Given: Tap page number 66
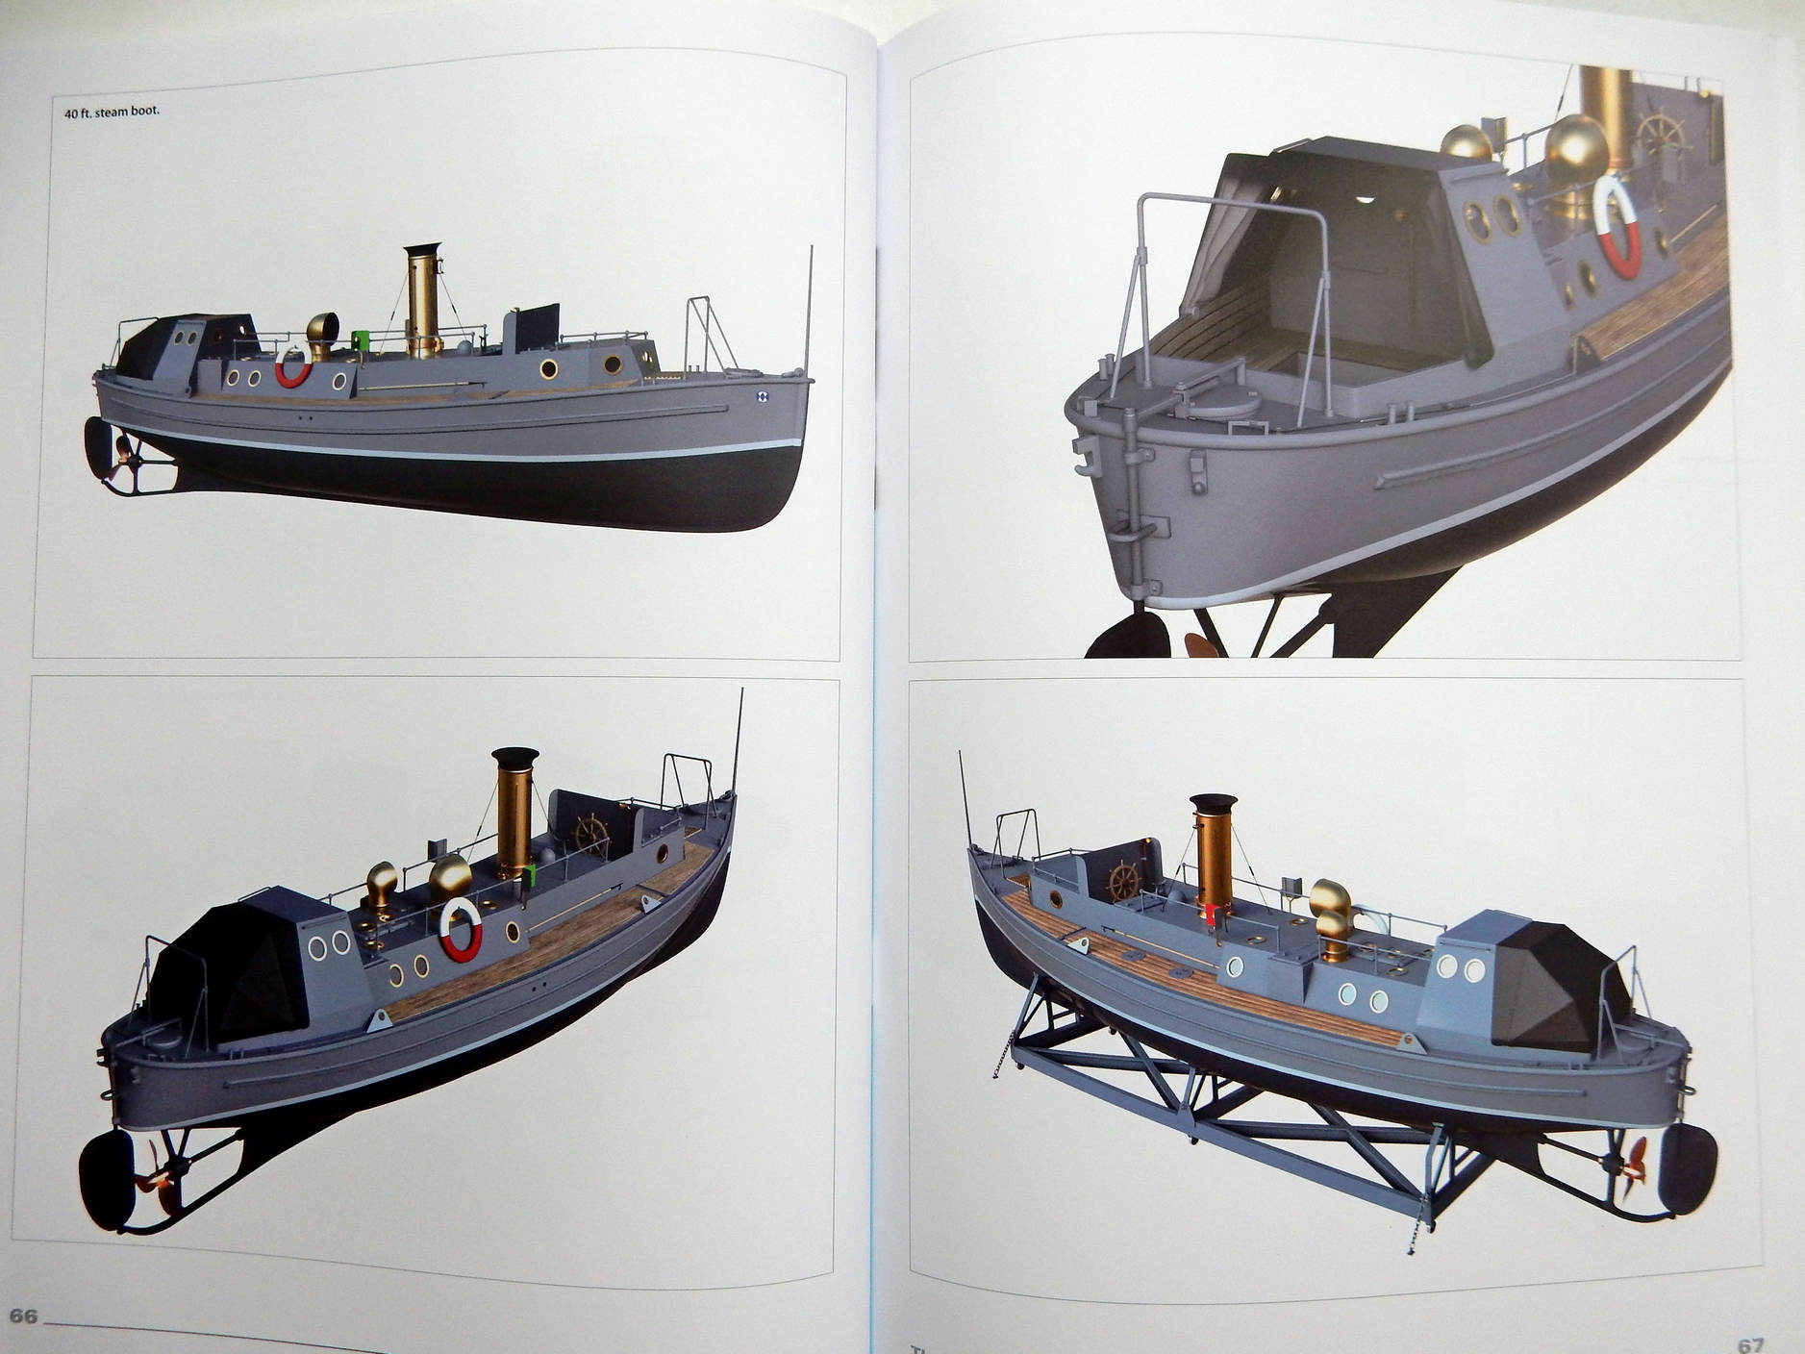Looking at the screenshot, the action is point(23,1316).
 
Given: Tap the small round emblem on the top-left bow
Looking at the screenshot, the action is point(763,393).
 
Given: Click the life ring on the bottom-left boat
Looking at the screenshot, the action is point(460,930).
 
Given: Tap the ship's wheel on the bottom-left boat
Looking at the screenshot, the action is point(591,836).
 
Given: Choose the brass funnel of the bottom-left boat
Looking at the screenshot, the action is point(514,814).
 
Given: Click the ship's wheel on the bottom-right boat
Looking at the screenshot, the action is point(1121,882).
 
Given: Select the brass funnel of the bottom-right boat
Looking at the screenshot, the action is point(1213,857).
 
